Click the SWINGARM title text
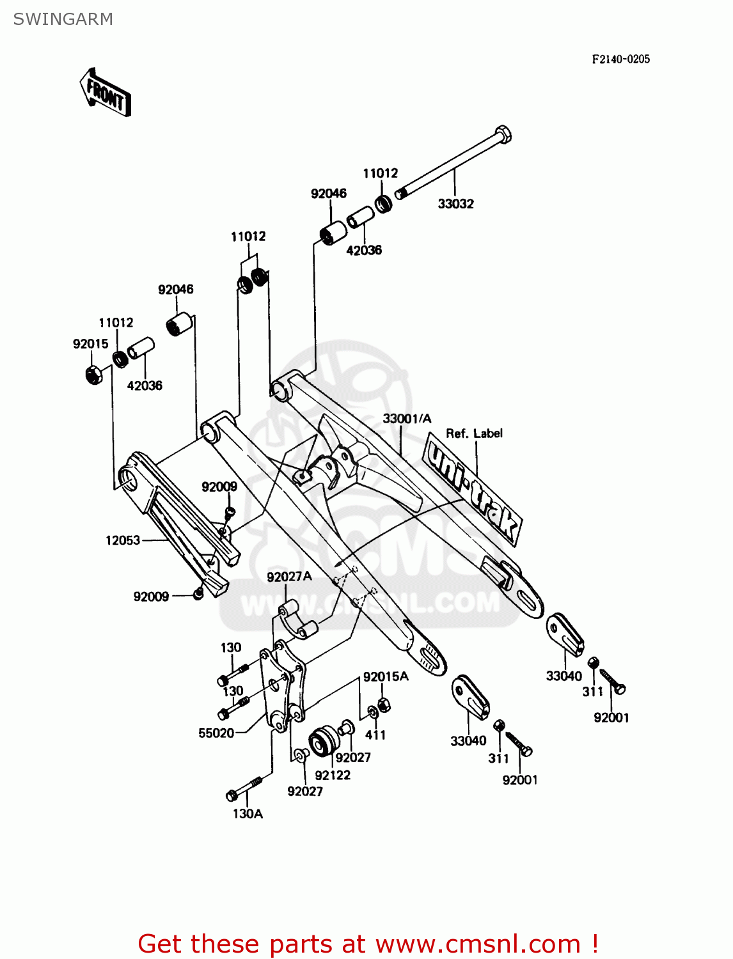[x=63, y=19]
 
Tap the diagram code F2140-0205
[x=620, y=59]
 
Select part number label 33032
[x=455, y=204]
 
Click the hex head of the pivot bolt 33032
[x=503, y=135]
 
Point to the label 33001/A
[x=407, y=419]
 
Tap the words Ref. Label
[x=474, y=433]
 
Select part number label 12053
[x=123, y=541]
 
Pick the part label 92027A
[x=289, y=577]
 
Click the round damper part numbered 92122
[x=324, y=742]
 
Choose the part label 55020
[x=216, y=733]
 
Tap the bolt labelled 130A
[x=244, y=789]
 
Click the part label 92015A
[x=386, y=677]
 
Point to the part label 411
[x=375, y=735]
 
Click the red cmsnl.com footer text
[x=368, y=944]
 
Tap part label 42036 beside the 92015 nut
[x=145, y=386]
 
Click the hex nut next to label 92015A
[x=384, y=705]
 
